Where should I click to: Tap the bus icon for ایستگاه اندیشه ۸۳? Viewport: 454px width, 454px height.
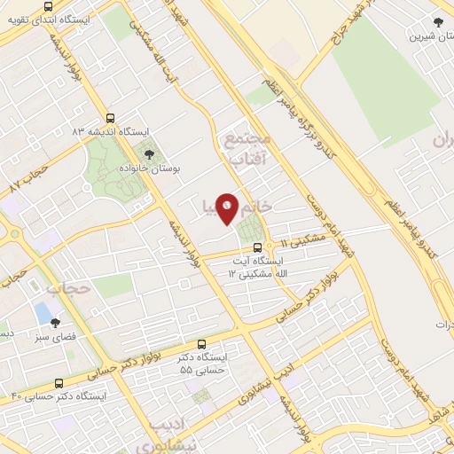pos(110,118)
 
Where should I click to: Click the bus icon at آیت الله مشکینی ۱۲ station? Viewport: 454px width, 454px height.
pos(257,247)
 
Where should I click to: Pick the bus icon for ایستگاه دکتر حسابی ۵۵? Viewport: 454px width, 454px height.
pos(202,344)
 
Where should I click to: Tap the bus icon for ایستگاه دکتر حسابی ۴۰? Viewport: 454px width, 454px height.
pos(59,384)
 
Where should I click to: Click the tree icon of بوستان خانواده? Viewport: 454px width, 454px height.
pos(150,156)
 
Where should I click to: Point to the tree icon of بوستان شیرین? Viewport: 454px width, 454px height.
pos(438,22)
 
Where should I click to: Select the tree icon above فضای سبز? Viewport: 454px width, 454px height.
pos(56,324)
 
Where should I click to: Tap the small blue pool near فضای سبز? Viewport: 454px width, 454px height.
pos(43,312)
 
